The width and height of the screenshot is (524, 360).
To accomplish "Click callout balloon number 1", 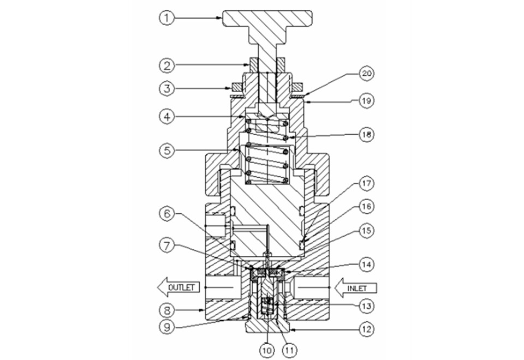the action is click(x=167, y=17).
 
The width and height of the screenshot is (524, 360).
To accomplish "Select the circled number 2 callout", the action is click(x=167, y=65).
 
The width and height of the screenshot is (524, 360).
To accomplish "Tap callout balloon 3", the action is click(x=167, y=88).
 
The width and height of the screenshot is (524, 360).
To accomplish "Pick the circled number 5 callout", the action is click(x=167, y=151).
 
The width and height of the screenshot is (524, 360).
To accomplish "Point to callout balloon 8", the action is click(x=167, y=310).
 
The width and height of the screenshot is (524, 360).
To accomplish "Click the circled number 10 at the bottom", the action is click(x=267, y=350).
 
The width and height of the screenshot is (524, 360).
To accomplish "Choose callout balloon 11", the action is click(x=289, y=350).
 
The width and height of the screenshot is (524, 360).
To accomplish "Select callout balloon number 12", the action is click(x=367, y=329).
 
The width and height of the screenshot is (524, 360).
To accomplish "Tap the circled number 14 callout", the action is click(x=367, y=265).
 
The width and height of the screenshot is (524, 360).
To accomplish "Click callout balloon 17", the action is click(x=367, y=183).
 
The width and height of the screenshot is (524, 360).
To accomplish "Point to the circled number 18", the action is click(x=367, y=135).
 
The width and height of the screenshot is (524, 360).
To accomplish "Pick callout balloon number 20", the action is click(x=367, y=74).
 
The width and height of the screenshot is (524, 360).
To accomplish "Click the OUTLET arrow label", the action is click(x=179, y=287).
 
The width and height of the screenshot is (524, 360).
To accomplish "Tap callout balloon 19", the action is click(x=367, y=100).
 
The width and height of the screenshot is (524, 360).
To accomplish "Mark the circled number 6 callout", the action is click(x=167, y=214).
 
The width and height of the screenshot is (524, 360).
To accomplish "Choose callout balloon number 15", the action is click(x=367, y=230).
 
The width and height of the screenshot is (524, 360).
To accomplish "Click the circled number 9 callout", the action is click(x=167, y=327).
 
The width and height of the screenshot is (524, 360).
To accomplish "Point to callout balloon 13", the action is click(x=367, y=306).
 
